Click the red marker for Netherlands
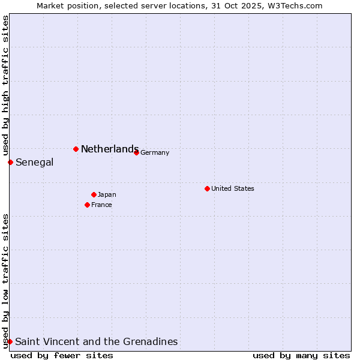[76, 149]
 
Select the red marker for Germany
[136, 152]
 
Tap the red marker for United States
[207, 188]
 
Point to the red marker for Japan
[94, 194]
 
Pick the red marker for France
[87, 205]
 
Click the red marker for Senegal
[10, 162]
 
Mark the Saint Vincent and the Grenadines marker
[10, 341]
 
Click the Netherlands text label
[110, 149]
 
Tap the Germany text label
[155, 152]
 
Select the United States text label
[233, 188]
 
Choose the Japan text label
[107, 194]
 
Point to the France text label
[101, 205]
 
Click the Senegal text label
[34, 162]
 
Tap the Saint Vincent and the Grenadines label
[96, 341]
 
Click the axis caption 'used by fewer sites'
[62, 355]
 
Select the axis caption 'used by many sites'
[301, 355]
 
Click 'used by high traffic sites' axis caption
[5, 85]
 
